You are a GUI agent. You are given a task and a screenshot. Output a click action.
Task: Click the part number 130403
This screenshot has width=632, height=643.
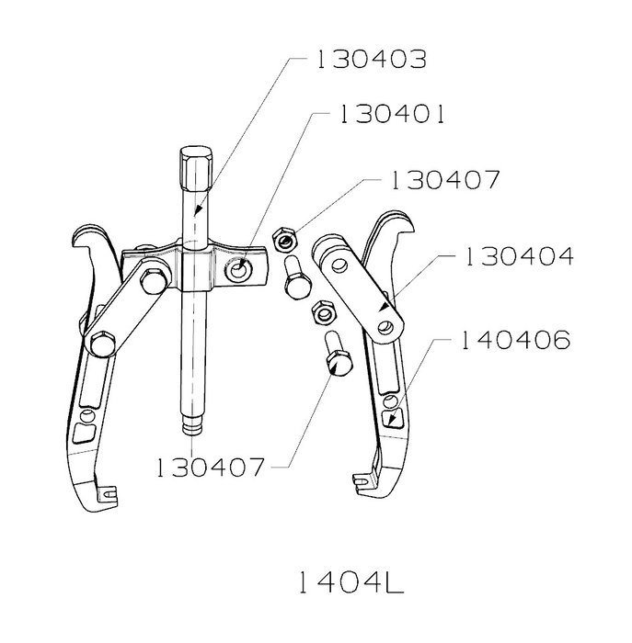tap(372, 59)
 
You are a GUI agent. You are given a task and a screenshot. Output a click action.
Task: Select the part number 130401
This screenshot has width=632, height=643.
tap(391, 115)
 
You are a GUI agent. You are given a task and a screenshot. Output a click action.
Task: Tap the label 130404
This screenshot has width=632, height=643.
tap(519, 256)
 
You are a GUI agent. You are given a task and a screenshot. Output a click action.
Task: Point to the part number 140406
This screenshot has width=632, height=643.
tap(515, 340)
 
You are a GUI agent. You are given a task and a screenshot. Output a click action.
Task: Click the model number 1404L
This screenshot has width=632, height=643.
tap(351, 582)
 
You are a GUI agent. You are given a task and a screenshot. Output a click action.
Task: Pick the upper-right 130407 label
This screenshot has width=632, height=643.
tap(445, 180)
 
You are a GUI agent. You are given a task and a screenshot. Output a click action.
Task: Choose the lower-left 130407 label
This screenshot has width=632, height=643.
tap(210, 467)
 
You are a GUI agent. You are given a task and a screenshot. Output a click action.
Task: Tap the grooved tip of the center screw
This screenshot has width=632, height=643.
tap(191, 424)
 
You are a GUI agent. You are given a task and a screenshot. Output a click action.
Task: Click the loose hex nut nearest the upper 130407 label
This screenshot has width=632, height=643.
tap(285, 239)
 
